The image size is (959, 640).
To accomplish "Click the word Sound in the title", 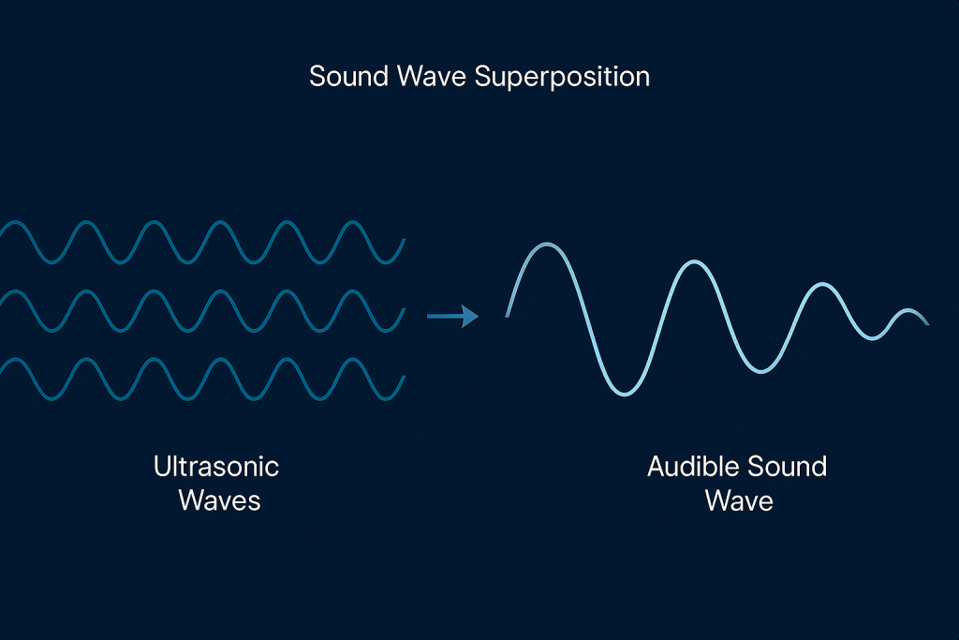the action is pos(348,77).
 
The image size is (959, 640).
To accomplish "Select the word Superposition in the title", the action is pos(562,78).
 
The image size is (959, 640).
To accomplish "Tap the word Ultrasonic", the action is pos(216,467).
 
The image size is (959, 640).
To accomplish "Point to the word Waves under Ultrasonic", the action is pos(219,500).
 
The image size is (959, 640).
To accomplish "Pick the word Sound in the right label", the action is pos(788,467).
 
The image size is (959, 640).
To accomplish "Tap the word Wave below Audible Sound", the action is pos(739,500).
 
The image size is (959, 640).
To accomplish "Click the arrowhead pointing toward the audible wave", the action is pos(470,317).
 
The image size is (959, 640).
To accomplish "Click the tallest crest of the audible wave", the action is pos(546,245).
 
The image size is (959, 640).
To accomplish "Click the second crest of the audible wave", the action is pos(694,261).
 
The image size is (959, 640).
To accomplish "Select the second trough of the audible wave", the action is pos(760,371).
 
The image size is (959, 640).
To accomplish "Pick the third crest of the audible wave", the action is pos(822,285).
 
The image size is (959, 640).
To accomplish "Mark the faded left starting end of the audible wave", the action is pos(507,315).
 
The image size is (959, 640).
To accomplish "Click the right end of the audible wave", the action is pos(928,323).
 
